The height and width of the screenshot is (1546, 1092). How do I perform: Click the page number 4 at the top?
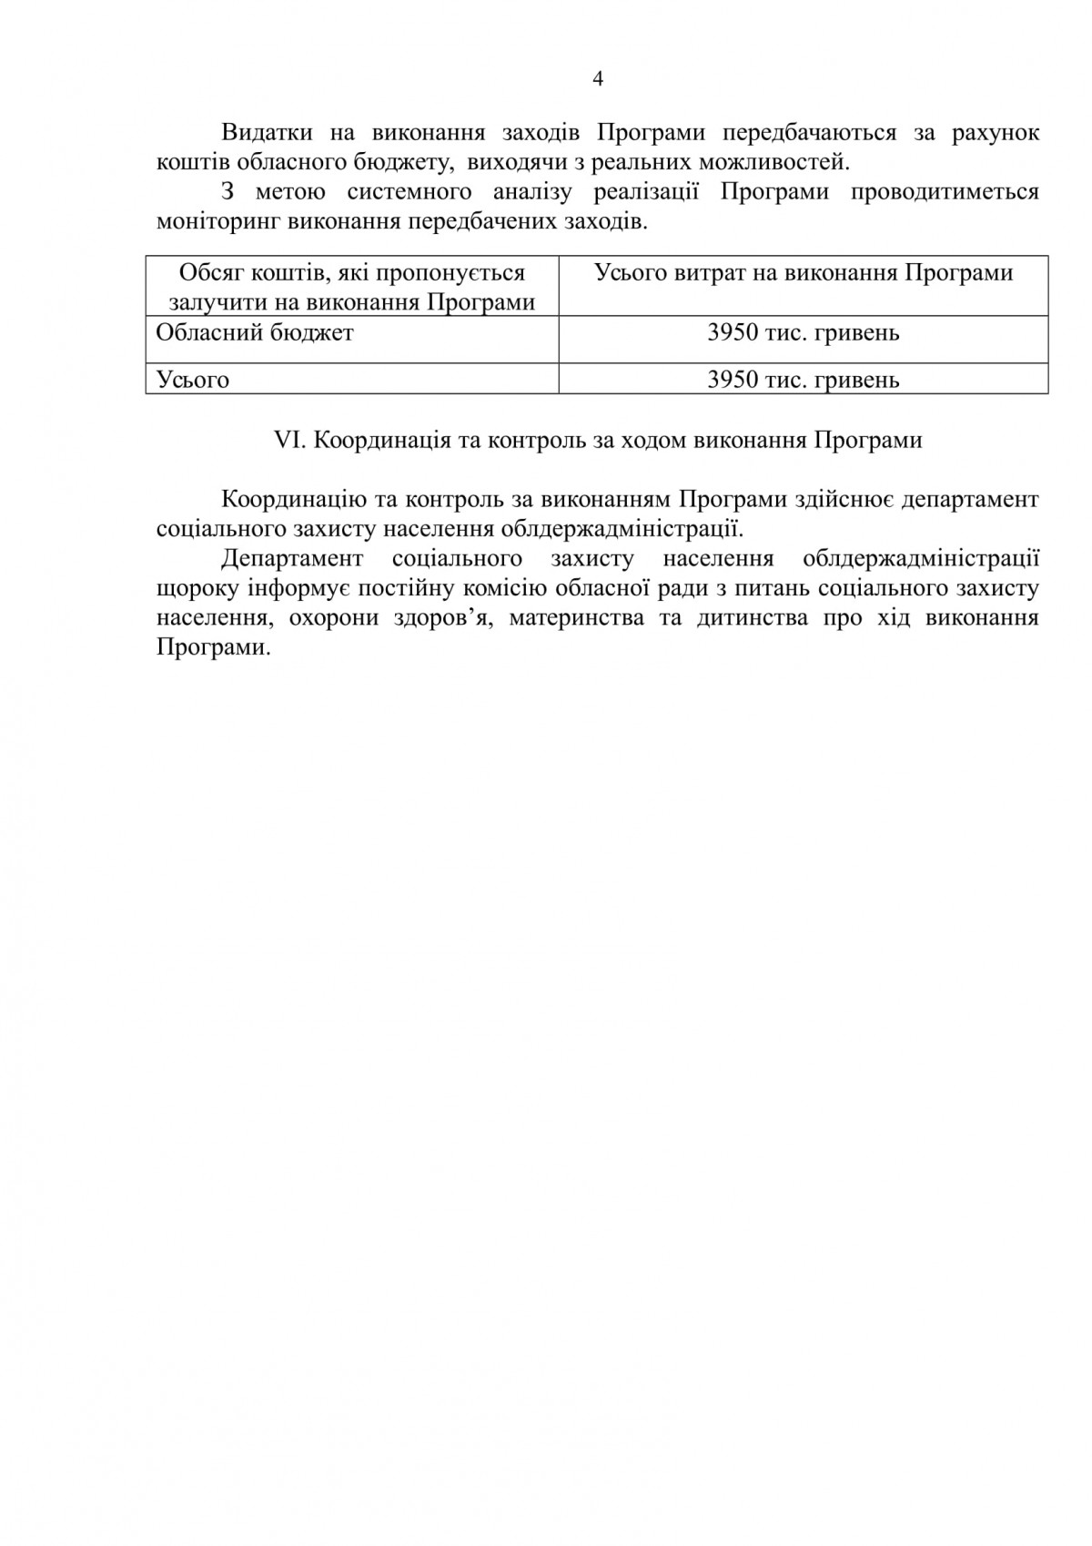(x=597, y=79)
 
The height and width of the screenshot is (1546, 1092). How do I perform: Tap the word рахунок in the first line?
(x=995, y=133)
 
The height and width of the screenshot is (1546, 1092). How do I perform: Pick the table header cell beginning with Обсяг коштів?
(x=352, y=287)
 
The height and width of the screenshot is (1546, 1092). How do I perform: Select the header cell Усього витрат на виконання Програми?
(x=803, y=273)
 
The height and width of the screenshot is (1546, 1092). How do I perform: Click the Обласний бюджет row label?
(x=255, y=333)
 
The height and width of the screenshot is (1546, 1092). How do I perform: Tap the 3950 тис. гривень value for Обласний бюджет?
(x=803, y=333)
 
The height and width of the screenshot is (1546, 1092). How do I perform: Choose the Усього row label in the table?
(x=193, y=380)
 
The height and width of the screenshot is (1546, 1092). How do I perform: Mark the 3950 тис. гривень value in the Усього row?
(x=803, y=380)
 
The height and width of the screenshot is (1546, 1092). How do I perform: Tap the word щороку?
(x=197, y=589)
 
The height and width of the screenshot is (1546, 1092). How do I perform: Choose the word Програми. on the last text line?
(x=214, y=648)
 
